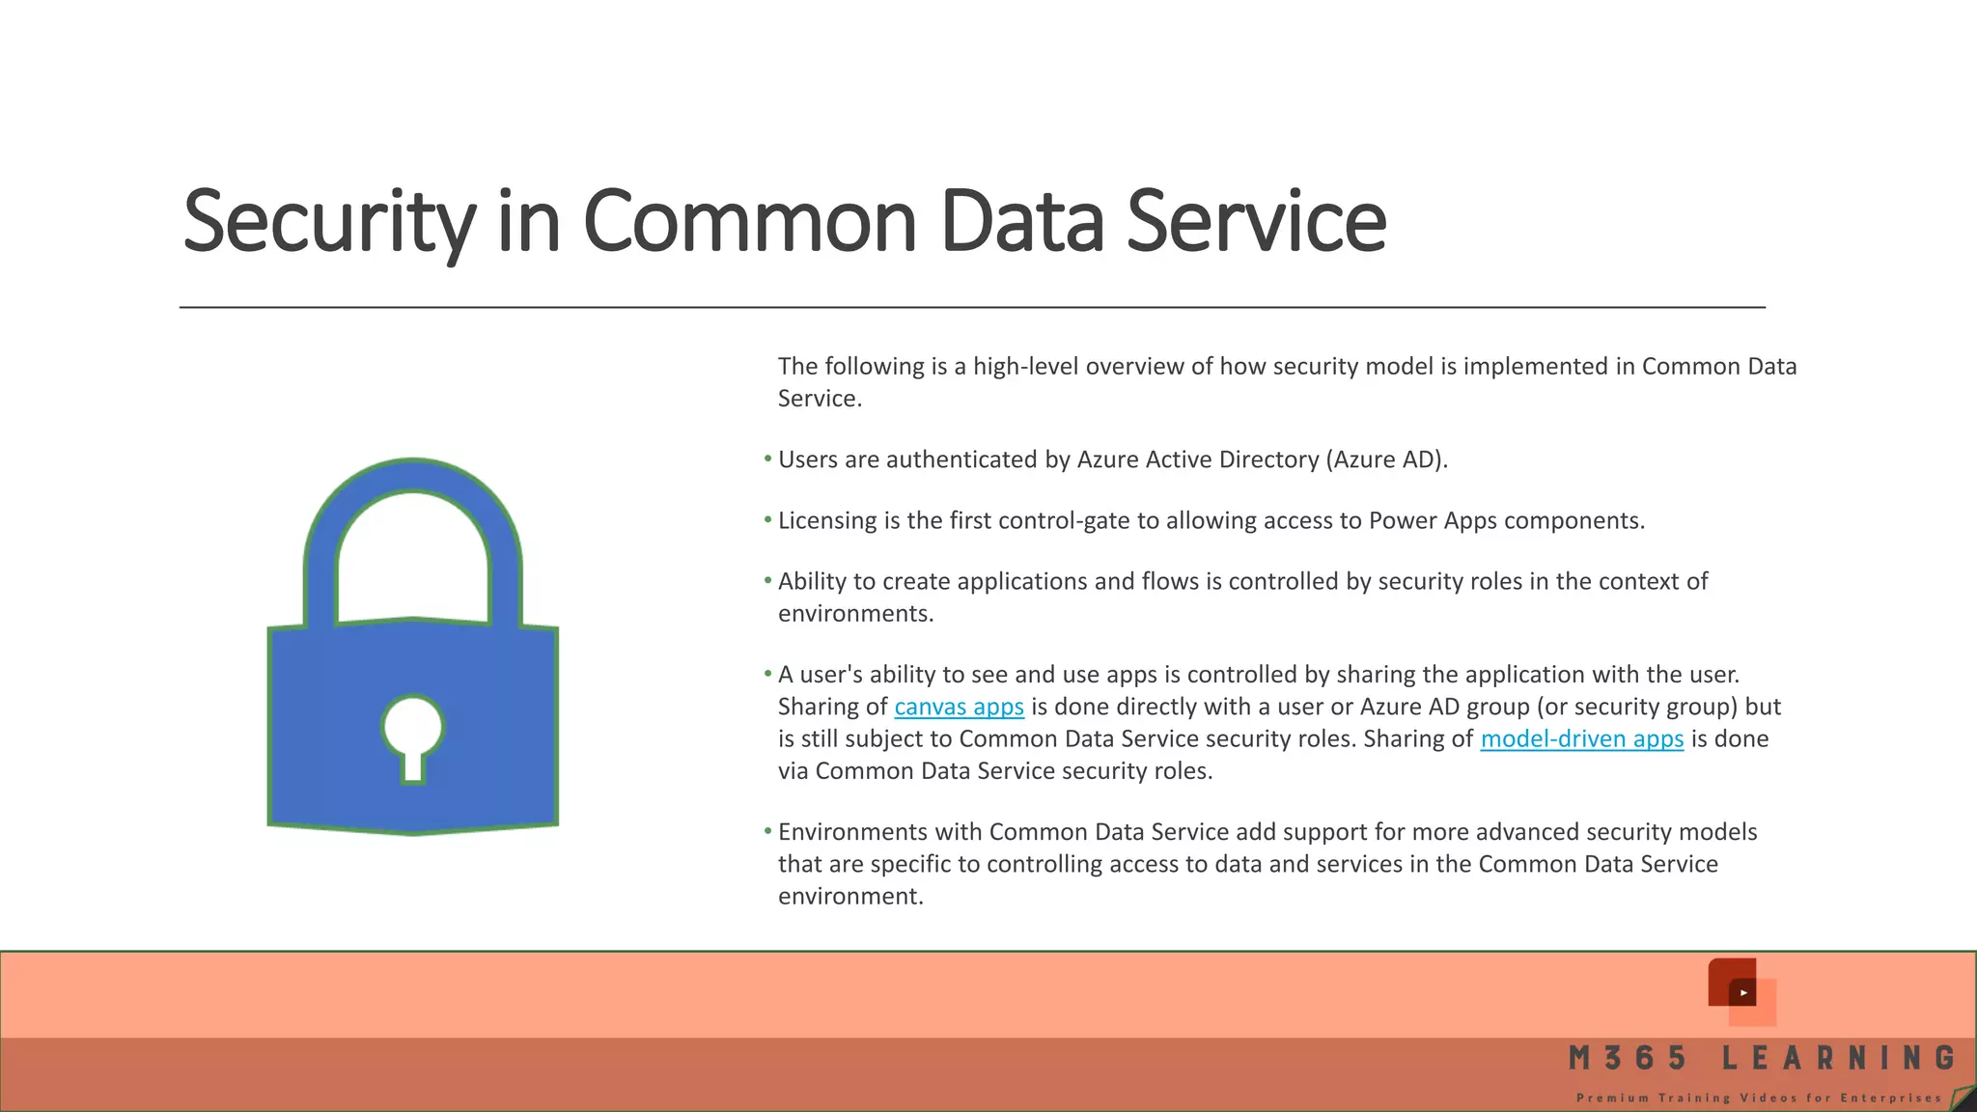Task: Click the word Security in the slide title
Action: pyautogui.click(x=328, y=222)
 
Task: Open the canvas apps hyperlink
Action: pyautogui.click(x=959, y=707)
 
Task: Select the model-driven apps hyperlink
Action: pyautogui.click(x=1581, y=738)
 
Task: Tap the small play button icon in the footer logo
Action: pyautogui.click(x=1743, y=992)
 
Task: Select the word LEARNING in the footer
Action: pyautogui.click(x=1839, y=1058)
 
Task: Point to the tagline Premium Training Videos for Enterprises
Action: pyautogui.click(x=1759, y=1098)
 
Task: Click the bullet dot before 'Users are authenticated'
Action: pyautogui.click(x=768, y=459)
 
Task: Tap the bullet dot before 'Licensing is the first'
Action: pyautogui.click(x=768, y=520)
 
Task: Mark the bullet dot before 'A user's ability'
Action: pyautogui.click(x=768, y=674)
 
